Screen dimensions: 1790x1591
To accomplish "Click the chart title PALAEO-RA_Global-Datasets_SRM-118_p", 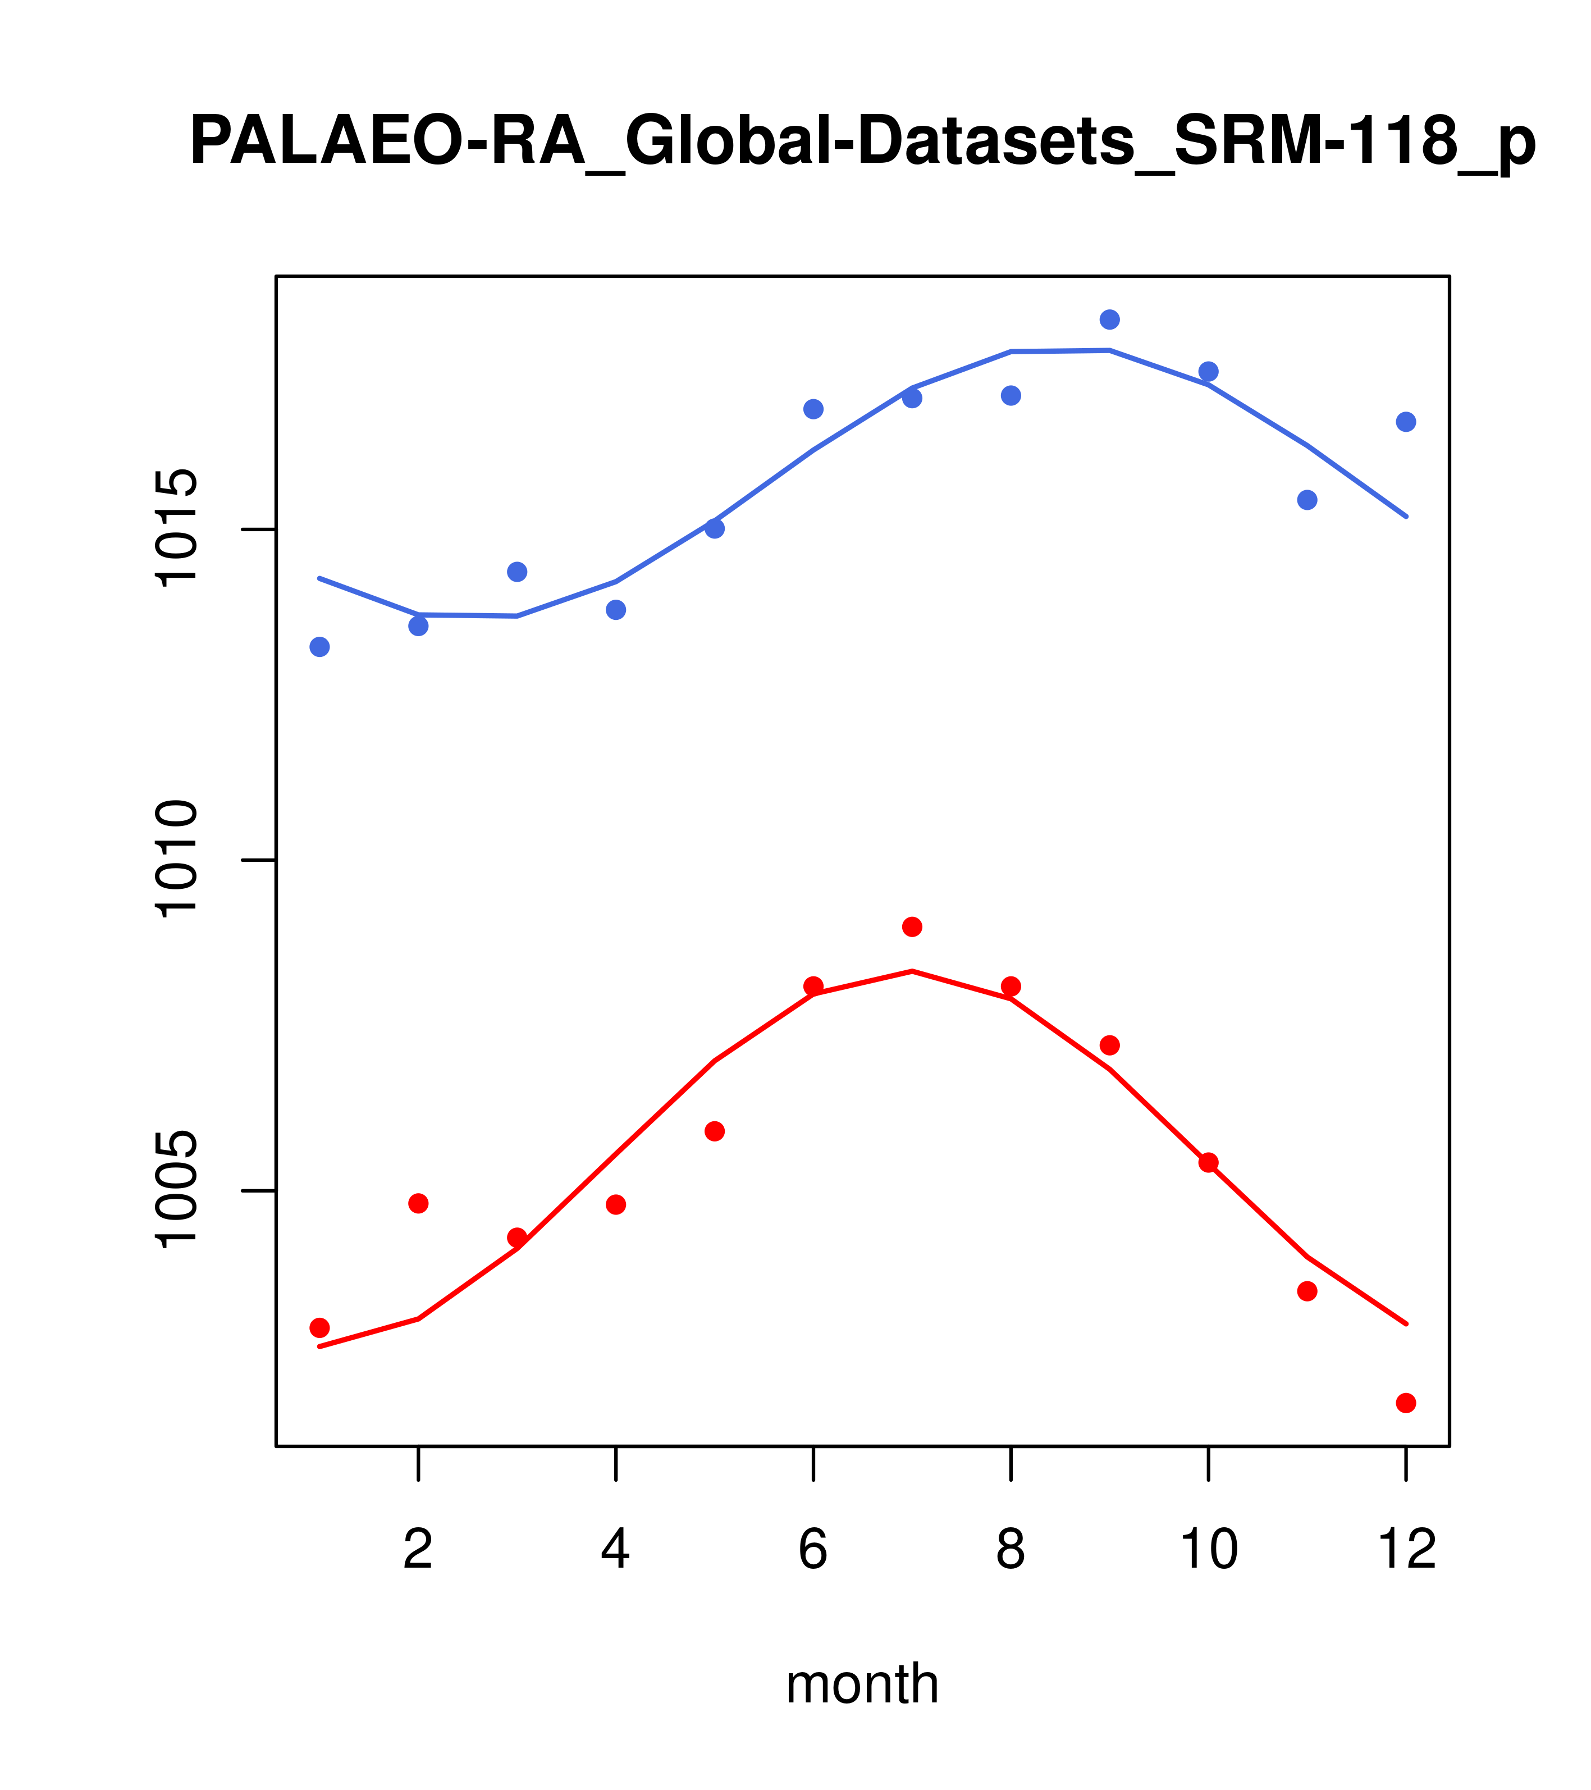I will coord(862,142).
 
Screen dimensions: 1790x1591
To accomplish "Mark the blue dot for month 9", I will coord(1109,319).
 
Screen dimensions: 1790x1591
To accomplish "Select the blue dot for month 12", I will coord(1406,422).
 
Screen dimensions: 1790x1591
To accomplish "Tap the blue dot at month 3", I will coord(518,572).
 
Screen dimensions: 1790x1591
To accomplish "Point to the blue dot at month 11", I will coord(1307,500).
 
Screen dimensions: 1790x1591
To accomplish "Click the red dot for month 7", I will coord(912,926).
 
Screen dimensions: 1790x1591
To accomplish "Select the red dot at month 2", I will coord(419,1203).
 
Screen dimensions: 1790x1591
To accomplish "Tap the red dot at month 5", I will coord(715,1131).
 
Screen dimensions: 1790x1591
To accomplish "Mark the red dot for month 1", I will coord(319,1327).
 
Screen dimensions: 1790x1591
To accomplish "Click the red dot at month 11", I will coord(1307,1291).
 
